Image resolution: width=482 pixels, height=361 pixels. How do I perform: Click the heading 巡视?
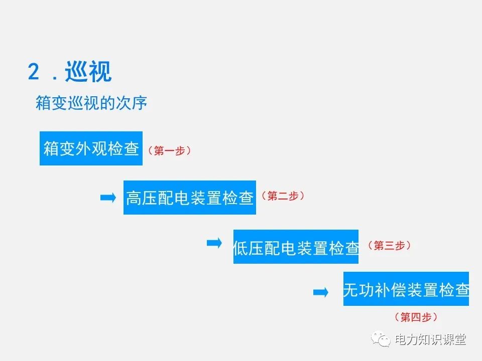coord(88,72)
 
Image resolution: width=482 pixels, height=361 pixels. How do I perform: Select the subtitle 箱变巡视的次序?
coord(91,104)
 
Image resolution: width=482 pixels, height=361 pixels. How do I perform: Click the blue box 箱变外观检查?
coord(91,148)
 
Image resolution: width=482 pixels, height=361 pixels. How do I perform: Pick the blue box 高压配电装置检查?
coord(189,198)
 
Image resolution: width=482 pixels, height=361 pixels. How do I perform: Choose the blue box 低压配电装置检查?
coord(296,247)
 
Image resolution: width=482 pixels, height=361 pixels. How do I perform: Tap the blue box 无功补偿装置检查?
coord(406,289)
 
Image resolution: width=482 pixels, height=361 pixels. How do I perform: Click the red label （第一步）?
coord(169,150)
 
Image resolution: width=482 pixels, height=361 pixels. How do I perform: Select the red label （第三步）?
coord(389,245)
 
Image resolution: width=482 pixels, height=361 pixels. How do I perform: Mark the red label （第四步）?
coord(416,317)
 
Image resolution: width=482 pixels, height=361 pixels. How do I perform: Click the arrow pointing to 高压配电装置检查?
coord(108,198)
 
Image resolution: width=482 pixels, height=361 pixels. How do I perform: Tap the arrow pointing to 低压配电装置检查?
coord(214,243)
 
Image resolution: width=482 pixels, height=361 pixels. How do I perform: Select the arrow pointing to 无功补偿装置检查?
coord(320,292)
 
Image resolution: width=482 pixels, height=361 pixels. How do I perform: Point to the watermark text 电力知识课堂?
coord(431,339)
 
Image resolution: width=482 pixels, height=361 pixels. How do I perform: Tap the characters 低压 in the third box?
coord(249,247)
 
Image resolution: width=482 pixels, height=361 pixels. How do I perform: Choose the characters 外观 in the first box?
coord(91,149)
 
